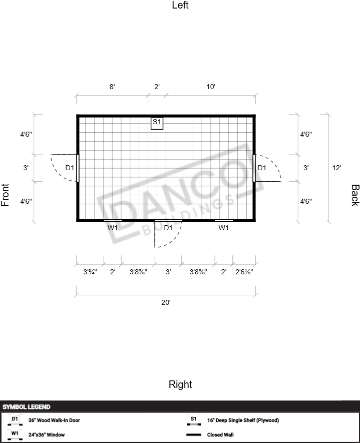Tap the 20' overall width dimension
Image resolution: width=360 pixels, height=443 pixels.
coord(166,302)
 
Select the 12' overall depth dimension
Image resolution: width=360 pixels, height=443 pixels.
coord(336,168)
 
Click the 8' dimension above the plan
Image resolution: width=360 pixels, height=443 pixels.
coord(112,87)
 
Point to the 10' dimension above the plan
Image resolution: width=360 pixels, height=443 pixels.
coord(211,87)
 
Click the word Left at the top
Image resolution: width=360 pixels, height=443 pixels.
coord(180,5)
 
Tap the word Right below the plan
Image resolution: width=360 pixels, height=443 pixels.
coord(180,384)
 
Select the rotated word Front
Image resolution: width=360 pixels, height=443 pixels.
coord(6,195)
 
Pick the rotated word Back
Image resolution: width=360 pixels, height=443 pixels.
coord(355,195)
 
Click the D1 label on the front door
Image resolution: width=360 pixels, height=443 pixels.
coord(70,168)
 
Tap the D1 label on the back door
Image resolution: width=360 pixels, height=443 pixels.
coord(262,168)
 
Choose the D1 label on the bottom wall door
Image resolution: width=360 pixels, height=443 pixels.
coord(168,228)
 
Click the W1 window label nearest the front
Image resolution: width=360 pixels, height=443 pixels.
coord(113,228)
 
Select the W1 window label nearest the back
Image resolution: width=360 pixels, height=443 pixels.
coord(223,228)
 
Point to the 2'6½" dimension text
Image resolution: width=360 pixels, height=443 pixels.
coord(244,272)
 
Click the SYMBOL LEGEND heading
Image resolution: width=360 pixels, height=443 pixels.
coord(26,407)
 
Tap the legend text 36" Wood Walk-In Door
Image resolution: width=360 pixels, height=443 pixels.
coord(54,420)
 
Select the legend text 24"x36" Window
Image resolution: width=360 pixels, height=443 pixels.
coord(47,435)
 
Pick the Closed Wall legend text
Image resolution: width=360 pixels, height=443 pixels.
coord(220,435)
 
